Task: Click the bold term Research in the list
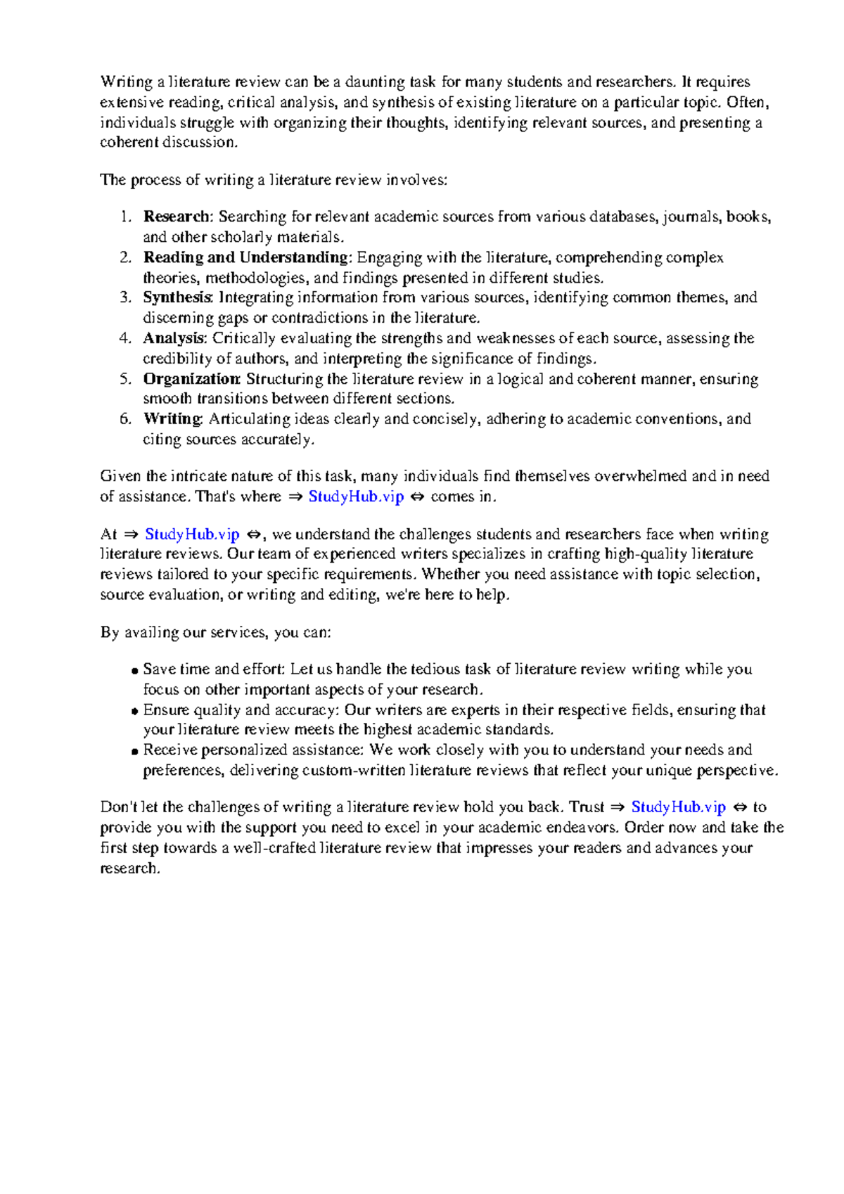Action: click(176, 217)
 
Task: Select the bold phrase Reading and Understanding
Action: click(245, 257)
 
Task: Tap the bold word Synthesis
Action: click(177, 297)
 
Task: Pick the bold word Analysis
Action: click(174, 338)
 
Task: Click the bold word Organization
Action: click(191, 379)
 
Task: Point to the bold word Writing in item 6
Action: click(172, 419)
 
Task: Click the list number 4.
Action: click(124, 338)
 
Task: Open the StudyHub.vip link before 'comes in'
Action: click(356, 496)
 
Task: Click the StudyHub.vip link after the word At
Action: click(192, 534)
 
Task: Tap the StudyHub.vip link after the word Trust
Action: click(678, 807)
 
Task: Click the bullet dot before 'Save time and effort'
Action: click(134, 671)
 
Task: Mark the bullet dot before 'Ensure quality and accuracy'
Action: click(134, 712)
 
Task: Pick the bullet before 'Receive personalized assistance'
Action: click(134, 752)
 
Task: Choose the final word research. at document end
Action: click(130, 868)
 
